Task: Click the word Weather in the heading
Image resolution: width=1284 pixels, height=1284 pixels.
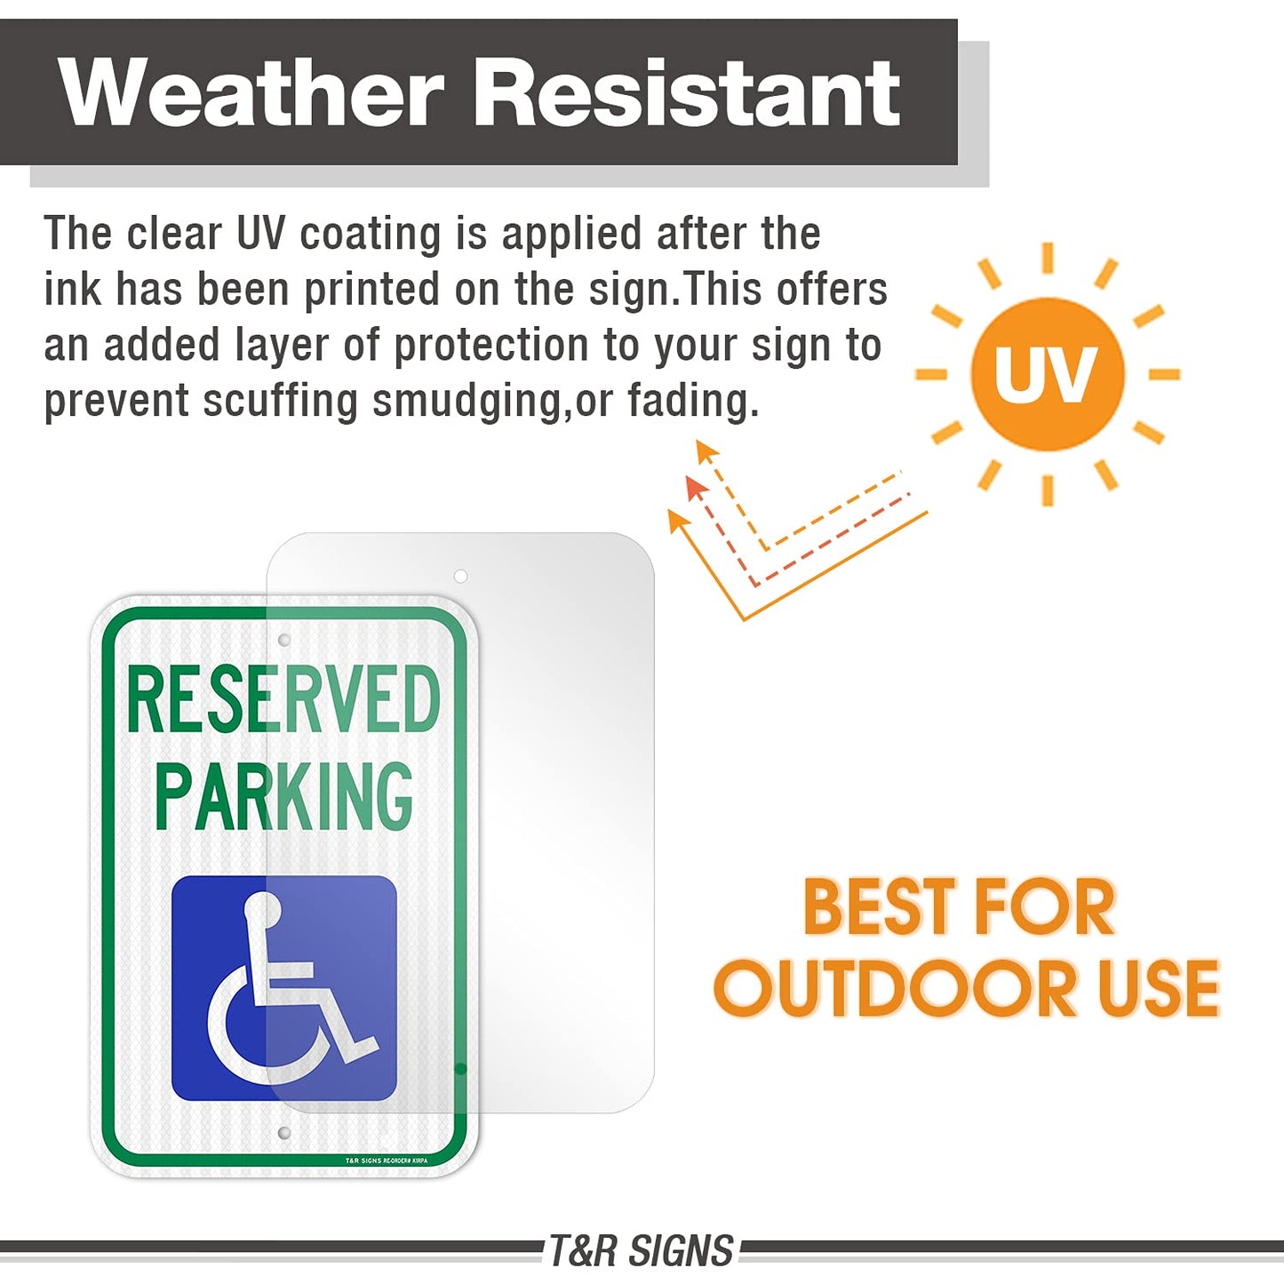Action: coord(251,92)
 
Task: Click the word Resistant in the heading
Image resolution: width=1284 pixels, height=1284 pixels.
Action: coord(687,92)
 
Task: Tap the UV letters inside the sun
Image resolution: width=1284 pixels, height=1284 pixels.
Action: coord(1046,374)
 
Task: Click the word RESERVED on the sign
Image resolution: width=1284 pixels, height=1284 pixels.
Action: coord(283,701)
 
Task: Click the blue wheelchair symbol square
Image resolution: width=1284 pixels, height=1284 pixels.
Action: coord(283,988)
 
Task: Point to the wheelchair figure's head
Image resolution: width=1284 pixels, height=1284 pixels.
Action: coord(263,909)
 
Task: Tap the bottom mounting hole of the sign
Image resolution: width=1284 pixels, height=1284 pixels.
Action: coord(284,1133)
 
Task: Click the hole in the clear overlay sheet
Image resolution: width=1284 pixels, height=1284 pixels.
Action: coord(460,576)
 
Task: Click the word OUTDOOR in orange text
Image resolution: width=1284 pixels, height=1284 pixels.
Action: coord(897,989)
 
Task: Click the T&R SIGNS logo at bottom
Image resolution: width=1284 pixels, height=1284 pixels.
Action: coord(641,1251)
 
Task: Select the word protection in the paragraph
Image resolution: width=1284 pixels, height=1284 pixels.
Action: coord(491,346)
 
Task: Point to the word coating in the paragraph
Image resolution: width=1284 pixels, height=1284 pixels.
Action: coord(370,235)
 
